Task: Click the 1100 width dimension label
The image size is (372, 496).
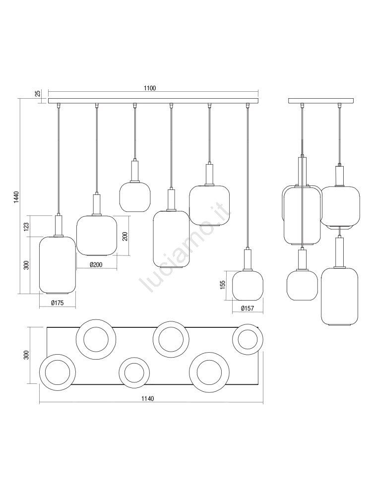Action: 150,88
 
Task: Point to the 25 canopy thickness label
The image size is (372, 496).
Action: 38,93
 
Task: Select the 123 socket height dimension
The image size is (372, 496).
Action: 26,226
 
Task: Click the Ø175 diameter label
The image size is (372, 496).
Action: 57,303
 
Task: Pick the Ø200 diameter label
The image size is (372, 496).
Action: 96,264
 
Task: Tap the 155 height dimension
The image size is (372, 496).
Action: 222,285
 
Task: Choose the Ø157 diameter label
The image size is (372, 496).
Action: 248,308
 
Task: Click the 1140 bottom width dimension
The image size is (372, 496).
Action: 148,399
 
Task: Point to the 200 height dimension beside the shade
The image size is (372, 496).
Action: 125,236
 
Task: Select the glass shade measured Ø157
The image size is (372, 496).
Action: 248,285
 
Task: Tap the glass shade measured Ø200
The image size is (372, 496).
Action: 97,236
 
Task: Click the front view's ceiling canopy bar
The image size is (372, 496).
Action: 153,101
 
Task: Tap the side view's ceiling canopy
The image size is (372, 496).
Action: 321,101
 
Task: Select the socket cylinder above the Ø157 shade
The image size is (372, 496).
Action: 248,259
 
